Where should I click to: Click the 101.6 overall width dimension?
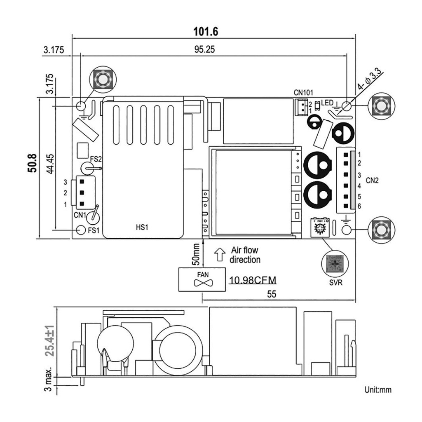(x=205, y=31)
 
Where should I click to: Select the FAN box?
(x=202, y=279)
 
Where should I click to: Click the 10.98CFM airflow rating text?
(x=252, y=281)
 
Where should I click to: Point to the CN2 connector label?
(x=372, y=180)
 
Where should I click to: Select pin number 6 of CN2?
(x=359, y=205)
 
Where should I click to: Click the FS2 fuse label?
(x=96, y=158)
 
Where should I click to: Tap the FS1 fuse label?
(x=93, y=230)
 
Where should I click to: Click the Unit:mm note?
(x=377, y=389)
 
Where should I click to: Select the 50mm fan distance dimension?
(x=197, y=254)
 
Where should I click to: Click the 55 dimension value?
(x=271, y=294)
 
